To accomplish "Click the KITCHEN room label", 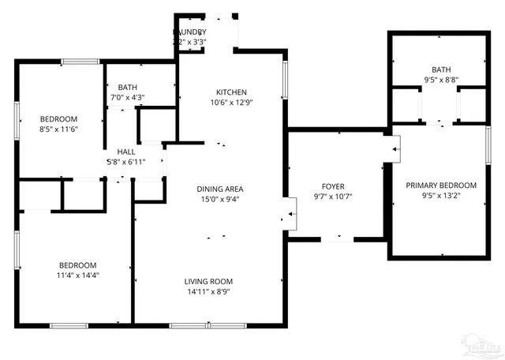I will coord(231,91).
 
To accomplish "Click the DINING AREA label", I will coord(219,189).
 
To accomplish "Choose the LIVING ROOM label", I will coord(208,282).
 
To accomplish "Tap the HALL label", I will coord(126,152).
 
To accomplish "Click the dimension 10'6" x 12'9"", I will coord(231,102).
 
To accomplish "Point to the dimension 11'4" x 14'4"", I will coord(77,276).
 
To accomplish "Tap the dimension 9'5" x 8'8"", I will coord(441,80).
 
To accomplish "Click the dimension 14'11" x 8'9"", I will coord(208,292).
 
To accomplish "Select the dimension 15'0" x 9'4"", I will coord(219,199).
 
